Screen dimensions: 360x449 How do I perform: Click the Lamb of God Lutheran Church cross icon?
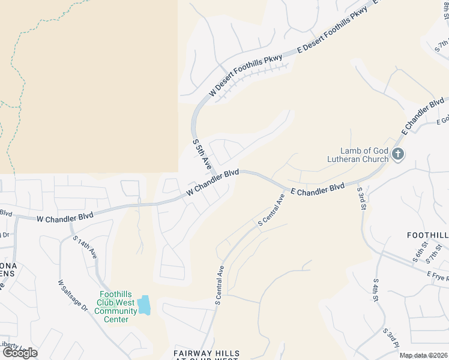(397, 155)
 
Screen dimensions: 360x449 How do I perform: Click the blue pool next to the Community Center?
(144, 305)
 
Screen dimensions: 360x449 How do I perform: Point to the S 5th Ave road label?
(202, 154)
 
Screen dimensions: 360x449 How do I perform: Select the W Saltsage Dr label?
(73, 295)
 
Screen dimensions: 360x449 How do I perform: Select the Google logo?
(19, 353)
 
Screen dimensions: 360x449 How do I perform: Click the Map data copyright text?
(424, 355)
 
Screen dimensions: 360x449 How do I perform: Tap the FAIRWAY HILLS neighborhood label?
(206, 353)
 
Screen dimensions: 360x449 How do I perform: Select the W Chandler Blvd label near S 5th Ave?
(212, 182)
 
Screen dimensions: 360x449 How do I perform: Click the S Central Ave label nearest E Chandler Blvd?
(271, 209)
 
